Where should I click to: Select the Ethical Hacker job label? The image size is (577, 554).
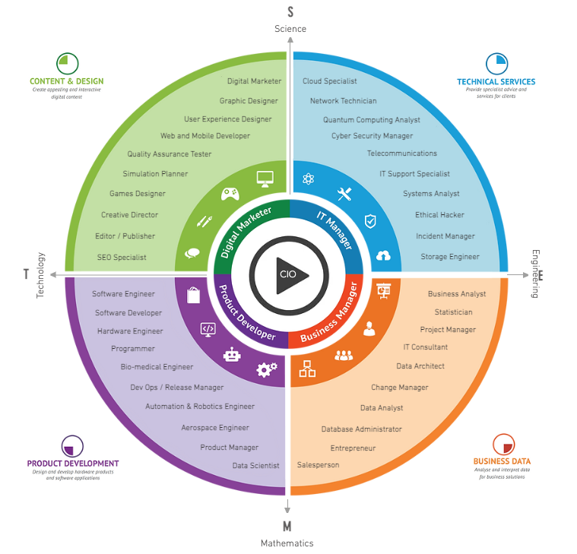tap(439, 215)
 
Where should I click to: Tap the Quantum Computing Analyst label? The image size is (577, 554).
tap(371, 120)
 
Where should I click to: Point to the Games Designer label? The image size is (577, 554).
tap(137, 194)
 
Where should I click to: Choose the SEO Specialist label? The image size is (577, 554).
tap(122, 258)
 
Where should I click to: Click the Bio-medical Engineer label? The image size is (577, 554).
tap(157, 367)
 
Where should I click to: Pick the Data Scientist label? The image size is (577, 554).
tap(255, 466)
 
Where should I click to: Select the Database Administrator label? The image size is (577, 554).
tap(361, 429)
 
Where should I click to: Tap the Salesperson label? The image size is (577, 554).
tap(318, 465)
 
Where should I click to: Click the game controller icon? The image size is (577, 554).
tap(230, 194)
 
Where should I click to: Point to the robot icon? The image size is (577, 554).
tap(231, 354)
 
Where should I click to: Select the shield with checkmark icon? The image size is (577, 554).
tap(370, 221)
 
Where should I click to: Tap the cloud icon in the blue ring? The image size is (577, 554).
tap(383, 256)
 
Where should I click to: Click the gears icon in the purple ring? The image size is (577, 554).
tap(267, 369)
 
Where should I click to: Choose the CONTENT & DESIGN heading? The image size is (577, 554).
tap(67, 81)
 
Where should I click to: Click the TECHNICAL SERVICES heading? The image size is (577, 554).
tap(496, 82)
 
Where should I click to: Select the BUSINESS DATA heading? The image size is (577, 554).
tap(502, 461)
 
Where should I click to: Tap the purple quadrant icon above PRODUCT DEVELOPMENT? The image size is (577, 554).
tap(72, 445)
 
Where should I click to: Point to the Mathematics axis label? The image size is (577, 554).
tap(287, 543)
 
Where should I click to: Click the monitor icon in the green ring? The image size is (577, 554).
tap(265, 179)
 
